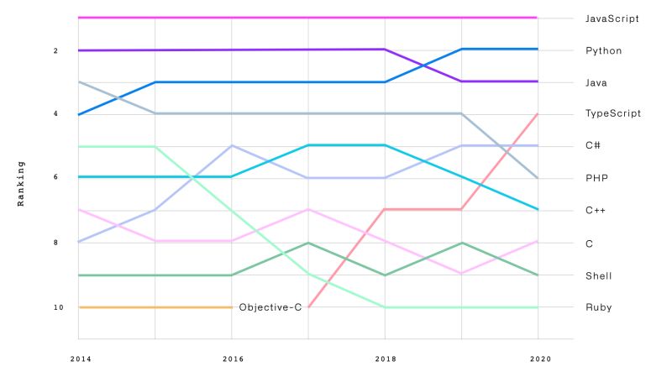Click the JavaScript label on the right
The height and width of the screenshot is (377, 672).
coord(612,18)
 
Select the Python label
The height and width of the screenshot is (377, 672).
coord(603,50)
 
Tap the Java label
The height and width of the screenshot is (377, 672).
coord(596,82)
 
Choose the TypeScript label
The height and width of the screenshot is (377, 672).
coord(613,113)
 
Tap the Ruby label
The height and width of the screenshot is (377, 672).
coord(598,307)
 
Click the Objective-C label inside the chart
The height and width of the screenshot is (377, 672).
coord(270,307)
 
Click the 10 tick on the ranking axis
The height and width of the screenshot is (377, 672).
coord(58,307)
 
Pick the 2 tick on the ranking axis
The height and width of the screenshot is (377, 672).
coord(55,50)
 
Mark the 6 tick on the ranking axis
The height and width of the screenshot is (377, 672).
coord(55,178)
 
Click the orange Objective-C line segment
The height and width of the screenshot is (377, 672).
coord(155,307)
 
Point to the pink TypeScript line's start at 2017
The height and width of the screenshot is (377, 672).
coord(309,306)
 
